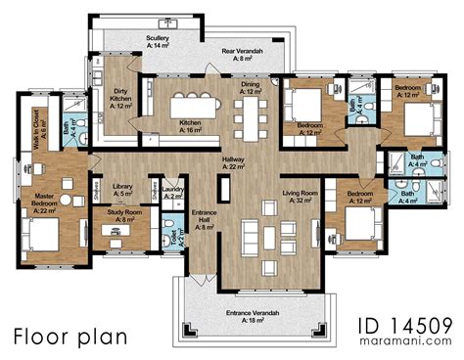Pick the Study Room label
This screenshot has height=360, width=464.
click(126, 217)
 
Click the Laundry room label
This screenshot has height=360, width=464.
click(173, 193)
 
